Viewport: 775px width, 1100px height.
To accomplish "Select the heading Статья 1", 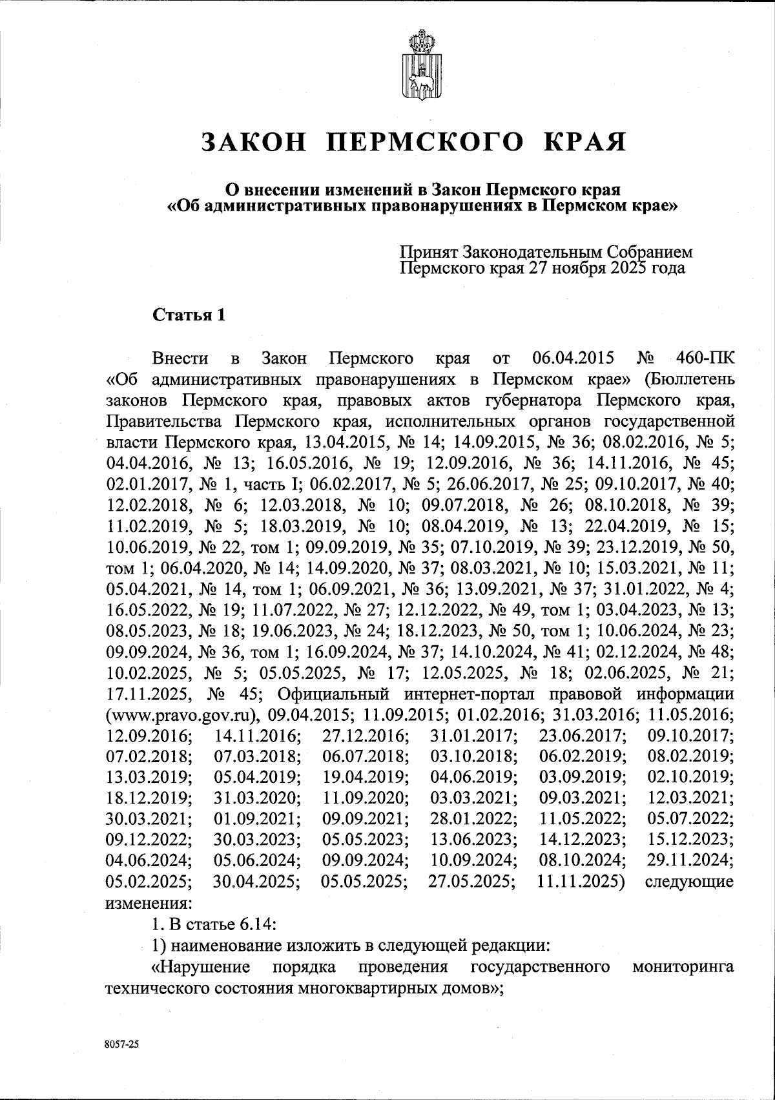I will coord(189,316).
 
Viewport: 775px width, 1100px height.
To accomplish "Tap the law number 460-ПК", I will coord(703,358).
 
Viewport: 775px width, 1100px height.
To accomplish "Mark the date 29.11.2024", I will coord(690,861).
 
